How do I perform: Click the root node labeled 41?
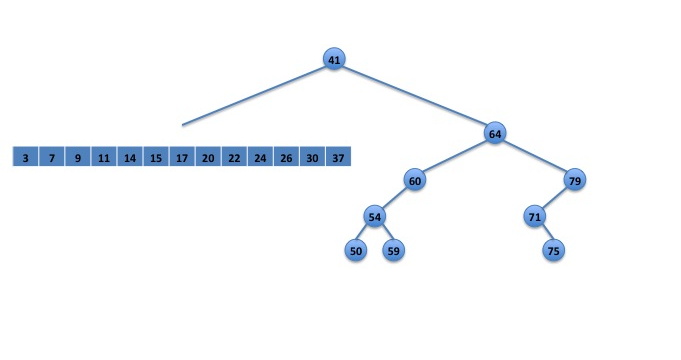tap(334, 59)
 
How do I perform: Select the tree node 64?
tap(495, 133)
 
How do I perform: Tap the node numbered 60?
tap(415, 180)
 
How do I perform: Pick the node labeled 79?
tap(575, 180)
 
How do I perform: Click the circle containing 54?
tap(374, 217)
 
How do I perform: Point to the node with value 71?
tap(535, 217)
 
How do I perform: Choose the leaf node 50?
tap(356, 251)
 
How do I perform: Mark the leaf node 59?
tap(393, 251)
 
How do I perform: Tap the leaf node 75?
tap(554, 251)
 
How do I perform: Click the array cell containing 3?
tap(26, 156)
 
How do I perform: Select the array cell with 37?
tap(338, 156)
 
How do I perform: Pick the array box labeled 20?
tap(208, 156)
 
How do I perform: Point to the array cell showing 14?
tap(130, 156)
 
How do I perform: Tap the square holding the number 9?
tap(78, 156)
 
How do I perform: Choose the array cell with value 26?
tap(286, 156)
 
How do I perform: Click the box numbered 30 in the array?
tap(312, 156)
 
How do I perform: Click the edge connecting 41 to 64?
tap(414, 96)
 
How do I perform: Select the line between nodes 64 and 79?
tap(535, 157)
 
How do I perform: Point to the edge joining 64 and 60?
tap(455, 157)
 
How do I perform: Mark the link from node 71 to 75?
tap(545, 234)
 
